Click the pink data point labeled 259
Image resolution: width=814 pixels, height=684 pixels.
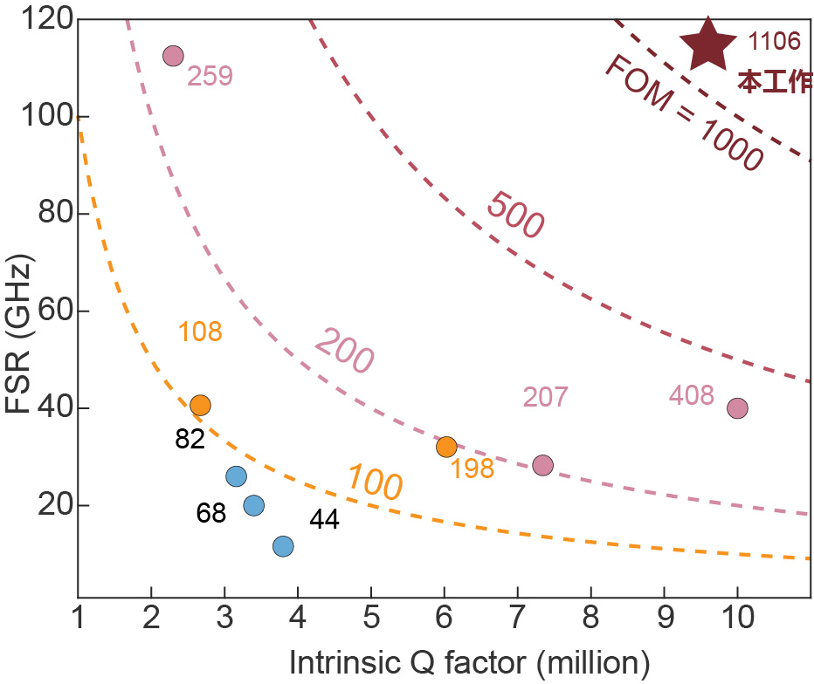click(x=173, y=56)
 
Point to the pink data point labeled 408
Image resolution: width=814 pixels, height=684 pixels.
click(x=737, y=407)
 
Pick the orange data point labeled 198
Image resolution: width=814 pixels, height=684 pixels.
click(x=446, y=447)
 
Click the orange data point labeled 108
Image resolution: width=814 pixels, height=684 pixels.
click(x=200, y=405)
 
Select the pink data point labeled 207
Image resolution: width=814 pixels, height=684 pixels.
click(x=542, y=466)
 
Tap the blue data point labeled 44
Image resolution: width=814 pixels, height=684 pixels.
click(x=283, y=546)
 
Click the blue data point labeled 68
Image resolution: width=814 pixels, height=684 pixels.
click(x=253, y=505)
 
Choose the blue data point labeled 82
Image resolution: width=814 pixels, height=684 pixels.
click(x=236, y=476)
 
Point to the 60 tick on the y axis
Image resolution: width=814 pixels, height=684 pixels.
click(x=50, y=311)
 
